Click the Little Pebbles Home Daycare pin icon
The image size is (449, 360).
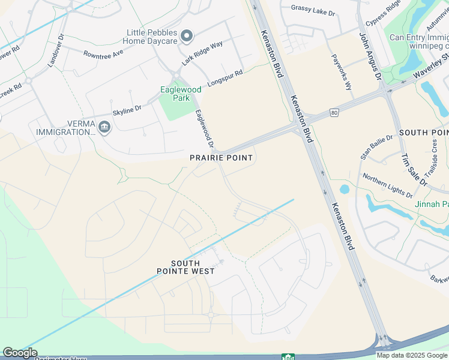[x=186, y=37]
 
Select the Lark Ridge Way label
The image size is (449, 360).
[x=202, y=53]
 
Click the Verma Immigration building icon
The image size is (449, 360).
[x=104, y=127]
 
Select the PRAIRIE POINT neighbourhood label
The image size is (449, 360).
[x=221, y=158]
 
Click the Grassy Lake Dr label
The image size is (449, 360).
[x=312, y=8]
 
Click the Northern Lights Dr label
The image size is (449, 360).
[x=387, y=186]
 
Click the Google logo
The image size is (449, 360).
[x=20, y=353]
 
